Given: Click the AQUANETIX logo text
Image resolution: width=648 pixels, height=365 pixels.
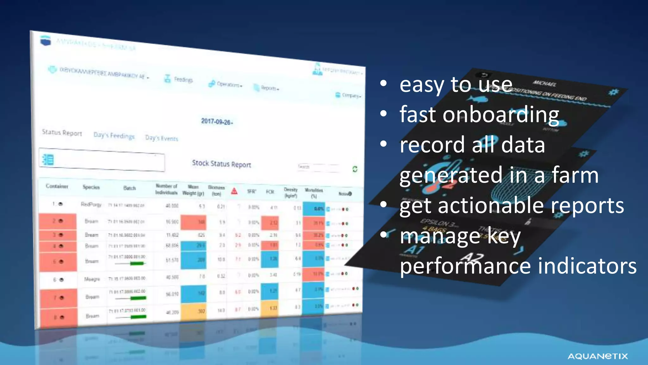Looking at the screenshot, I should coord(597,356).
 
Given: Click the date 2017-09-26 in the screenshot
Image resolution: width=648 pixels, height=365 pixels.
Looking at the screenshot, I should coord(217,122).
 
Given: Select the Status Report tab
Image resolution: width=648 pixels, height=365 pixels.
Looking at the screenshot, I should coord(62,132).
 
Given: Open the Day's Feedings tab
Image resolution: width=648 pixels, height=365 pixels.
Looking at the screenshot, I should coord(114,136).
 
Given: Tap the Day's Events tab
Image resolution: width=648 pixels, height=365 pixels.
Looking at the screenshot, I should coord(161,138).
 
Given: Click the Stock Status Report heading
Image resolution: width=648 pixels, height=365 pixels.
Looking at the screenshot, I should coord(221,164).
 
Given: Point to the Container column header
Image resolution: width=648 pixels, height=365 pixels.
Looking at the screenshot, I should coord(57,186).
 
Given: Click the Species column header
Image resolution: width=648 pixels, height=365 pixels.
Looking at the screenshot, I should coord(91,187).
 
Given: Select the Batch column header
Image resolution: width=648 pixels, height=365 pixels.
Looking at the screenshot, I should coord(129,188).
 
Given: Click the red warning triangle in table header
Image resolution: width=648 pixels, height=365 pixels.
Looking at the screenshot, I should coord(234,191).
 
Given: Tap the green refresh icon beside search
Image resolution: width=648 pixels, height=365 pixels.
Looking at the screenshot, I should coord(355,169).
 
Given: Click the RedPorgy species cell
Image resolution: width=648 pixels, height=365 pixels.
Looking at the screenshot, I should coord(91,204).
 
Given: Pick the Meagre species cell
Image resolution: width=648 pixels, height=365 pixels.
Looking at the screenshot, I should coord(92,279).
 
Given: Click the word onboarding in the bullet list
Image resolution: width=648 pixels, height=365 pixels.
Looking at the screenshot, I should coord(501,115).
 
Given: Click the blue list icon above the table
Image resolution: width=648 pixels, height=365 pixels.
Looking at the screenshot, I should coord(48,160).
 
